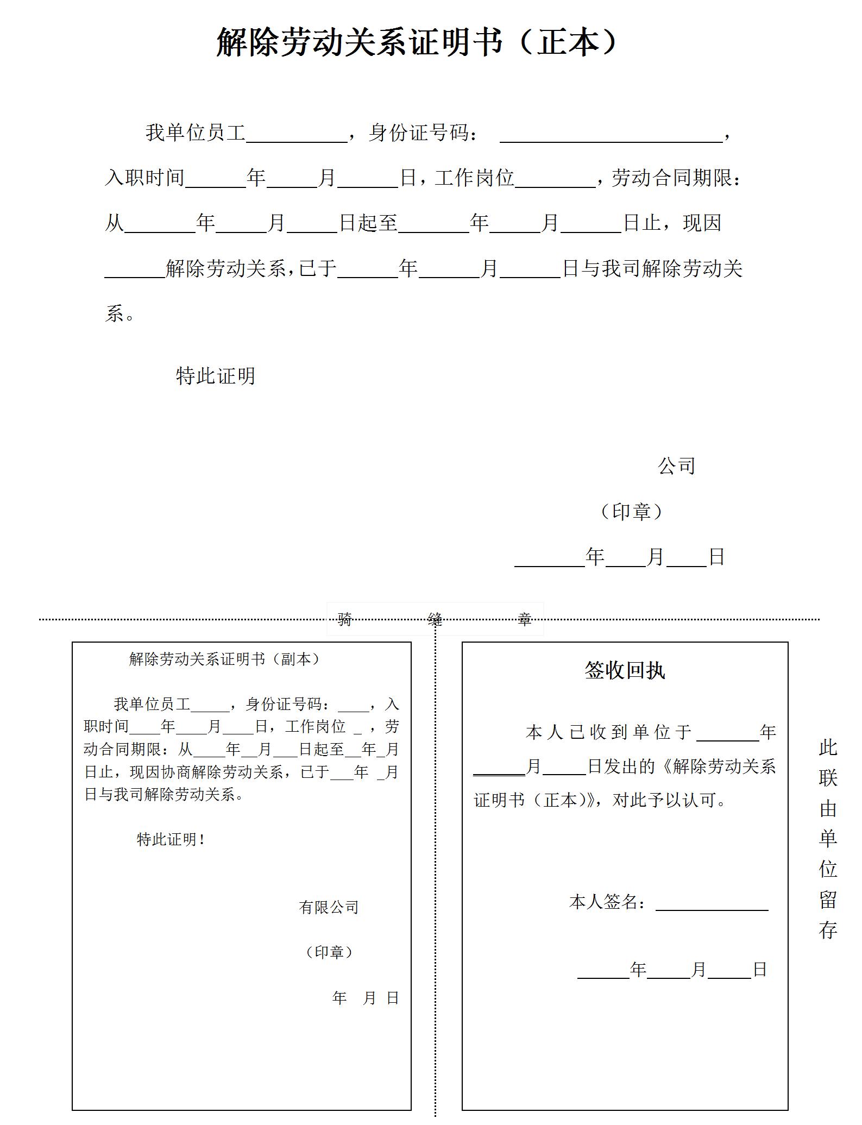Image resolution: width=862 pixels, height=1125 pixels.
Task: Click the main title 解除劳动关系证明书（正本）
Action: pyautogui.click(x=417, y=42)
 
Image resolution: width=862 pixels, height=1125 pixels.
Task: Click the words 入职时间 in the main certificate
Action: pyautogui.click(x=144, y=178)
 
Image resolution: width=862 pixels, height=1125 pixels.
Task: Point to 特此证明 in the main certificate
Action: pyautogui.click(x=216, y=376)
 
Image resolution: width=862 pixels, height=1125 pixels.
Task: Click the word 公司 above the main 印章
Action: pyautogui.click(x=676, y=466)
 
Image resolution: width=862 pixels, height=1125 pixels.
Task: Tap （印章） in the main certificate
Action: pyautogui.click(x=631, y=511)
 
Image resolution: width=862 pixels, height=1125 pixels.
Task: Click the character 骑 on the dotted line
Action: pyautogui.click(x=345, y=619)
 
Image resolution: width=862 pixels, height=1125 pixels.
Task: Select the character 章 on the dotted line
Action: pyautogui.click(x=524, y=619)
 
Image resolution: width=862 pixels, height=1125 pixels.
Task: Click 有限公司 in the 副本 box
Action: pyautogui.click(x=329, y=907)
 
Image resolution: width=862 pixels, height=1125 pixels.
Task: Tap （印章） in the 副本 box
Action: pyautogui.click(x=329, y=952)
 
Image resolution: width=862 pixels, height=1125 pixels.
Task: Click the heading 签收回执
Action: pyautogui.click(x=625, y=670)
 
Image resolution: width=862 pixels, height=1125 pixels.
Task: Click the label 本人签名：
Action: pyautogui.click(x=608, y=902)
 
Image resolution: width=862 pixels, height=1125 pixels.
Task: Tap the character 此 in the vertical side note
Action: pyautogui.click(x=828, y=748)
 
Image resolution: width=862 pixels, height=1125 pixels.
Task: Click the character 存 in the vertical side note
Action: pyautogui.click(x=828, y=931)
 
